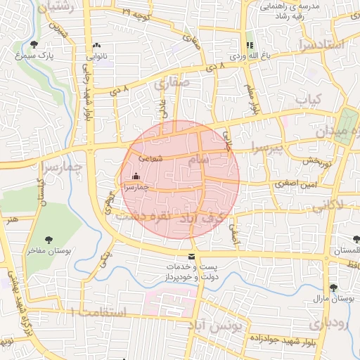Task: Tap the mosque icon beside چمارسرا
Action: [x=136, y=176]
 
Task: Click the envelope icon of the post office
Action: [x=192, y=257]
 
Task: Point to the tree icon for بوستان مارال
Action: [x=333, y=288]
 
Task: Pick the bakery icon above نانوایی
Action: [x=96, y=45]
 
